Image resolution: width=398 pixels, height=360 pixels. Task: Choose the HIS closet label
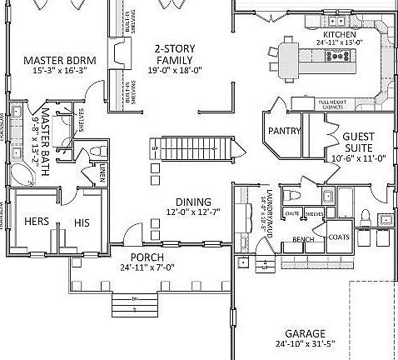(82, 222)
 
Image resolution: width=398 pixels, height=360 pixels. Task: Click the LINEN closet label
(101, 173)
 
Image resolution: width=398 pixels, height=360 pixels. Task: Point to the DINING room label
(193, 202)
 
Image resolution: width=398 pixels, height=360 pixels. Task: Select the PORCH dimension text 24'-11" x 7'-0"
(147, 267)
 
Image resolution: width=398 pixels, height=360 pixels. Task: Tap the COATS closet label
(338, 237)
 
